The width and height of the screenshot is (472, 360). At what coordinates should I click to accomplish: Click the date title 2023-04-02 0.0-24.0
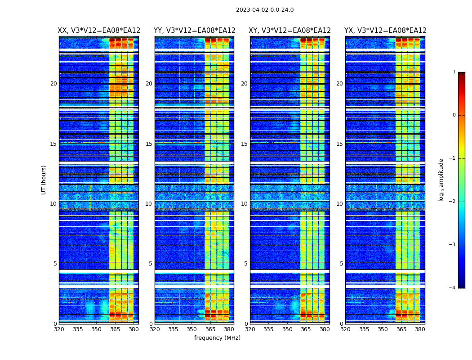click(x=265, y=10)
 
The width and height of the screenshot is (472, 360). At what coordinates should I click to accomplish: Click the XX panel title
click(x=99, y=31)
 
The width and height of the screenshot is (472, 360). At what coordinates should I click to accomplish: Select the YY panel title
click(x=195, y=31)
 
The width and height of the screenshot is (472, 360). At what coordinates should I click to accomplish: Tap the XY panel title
click(x=290, y=31)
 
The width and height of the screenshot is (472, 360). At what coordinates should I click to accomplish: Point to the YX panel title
click(x=385, y=31)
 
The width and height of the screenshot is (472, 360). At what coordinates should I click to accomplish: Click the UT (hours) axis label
click(x=44, y=180)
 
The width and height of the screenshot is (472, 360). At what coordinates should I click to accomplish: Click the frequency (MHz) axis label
click(x=217, y=338)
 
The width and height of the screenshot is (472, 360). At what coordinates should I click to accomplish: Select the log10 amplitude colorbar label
click(x=441, y=180)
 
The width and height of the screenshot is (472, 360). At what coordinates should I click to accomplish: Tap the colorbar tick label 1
click(x=454, y=72)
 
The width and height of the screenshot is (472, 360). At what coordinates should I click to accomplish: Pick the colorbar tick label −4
click(x=453, y=288)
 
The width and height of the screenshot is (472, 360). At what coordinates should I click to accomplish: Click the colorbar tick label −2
click(x=453, y=202)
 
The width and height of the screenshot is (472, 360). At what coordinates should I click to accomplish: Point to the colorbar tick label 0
click(x=454, y=115)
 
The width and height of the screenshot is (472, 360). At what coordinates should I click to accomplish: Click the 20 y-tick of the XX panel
click(x=53, y=84)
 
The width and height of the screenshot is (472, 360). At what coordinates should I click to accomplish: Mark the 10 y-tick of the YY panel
click(x=149, y=204)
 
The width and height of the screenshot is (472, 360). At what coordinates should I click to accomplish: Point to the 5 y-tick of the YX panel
click(x=342, y=264)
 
